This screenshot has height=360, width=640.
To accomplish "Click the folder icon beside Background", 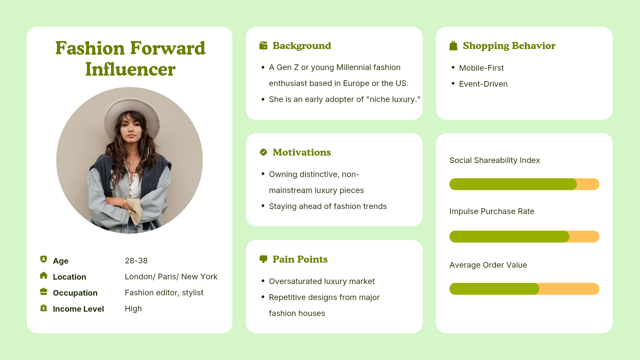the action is pyautogui.click(x=263, y=46).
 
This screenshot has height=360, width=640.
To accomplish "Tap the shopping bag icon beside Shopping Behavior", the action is pyautogui.click(x=453, y=46).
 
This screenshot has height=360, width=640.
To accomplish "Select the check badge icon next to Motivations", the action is pyautogui.click(x=263, y=152).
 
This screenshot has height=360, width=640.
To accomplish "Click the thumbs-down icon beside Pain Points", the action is pyautogui.click(x=263, y=259).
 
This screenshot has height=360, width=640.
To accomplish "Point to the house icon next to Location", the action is pyautogui.click(x=44, y=275).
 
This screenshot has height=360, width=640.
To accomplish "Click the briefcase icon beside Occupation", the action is pyautogui.click(x=44, y=292).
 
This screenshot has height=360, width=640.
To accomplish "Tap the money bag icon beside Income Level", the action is pyautogui.click(x=44, y=308).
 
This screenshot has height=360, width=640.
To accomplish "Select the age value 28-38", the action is pyautogui.click(x=136, y=261).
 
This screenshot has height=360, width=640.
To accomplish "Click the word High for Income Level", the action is pyautogui.click(x=133, y=309).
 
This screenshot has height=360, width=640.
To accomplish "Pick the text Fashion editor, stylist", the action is pyautogui.click(x=164, y=293).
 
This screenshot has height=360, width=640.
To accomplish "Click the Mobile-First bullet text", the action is pyautogui.click(x=481, y=68).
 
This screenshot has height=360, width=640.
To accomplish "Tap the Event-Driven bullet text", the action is pyautogui.click(x=483, y=84).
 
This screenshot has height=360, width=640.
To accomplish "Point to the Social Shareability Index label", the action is pyautogui.click(x=495, y=160).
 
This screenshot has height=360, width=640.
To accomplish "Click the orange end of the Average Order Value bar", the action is pyautogui.click(x=569, y=289).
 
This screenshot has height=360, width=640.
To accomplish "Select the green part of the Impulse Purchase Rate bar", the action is pyautogui.click(x=509, y=236).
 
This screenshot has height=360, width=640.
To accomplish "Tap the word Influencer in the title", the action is pyautogui.click(x=130, y=69).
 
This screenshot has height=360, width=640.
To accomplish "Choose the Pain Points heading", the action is pyautogui.click(x=300, y=259).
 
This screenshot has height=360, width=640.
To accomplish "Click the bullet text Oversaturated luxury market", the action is pyautogui.click(x=322, y=281).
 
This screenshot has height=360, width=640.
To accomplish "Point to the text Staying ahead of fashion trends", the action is pyautogui.click(x=328, y=206).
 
